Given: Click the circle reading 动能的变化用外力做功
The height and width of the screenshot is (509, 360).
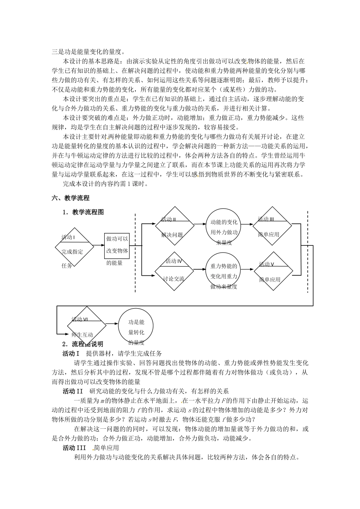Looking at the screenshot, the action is (x=224, y=227).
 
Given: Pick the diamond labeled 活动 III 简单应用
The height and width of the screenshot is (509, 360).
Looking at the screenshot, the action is (x=272, y=226).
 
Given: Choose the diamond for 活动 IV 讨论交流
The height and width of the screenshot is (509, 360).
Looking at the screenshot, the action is (x=174, y=271).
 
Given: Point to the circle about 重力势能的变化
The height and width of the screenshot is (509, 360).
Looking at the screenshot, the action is (x=224, y=271).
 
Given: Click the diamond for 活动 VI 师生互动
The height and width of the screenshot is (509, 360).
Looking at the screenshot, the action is (x=87, y=326).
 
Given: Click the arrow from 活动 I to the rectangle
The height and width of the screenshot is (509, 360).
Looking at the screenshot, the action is (x=98, y=246).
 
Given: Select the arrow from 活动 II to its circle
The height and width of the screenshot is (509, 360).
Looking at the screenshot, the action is (x=200, y=225).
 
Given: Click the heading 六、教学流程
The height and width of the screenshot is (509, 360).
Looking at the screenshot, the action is (x=70, y=198).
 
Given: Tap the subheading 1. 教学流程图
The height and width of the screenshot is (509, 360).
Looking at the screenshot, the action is (x=83, y=212).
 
